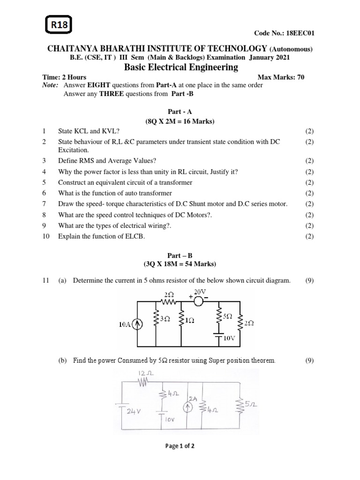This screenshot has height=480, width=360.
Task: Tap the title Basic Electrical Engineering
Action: pyautogui.click(x=180, y=67)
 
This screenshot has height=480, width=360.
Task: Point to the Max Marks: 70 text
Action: pyautogui.click(x=281, y=77)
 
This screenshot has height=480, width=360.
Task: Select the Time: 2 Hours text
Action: pyautogui.click(x=64, y=77)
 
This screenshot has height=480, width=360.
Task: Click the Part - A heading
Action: pyautogui.click(x=180, y=113)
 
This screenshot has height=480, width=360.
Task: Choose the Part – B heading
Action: pyautogui.click(x=180, y=256)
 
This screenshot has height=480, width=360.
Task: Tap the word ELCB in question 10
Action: pyautogui.click(x=135, y=236)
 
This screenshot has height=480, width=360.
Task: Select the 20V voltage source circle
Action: pyautogui.click(x=199, y=301)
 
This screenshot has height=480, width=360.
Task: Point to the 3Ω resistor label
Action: pyautogui.click(x=165, y=319)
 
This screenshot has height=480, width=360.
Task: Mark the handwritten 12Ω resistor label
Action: pyautogui.click(x=142, y=373)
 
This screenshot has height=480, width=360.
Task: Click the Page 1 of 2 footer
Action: pyautogui.click(x=180, y=446)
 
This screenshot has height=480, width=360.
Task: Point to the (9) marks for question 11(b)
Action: pyautogui.click(x=309, y=360)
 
